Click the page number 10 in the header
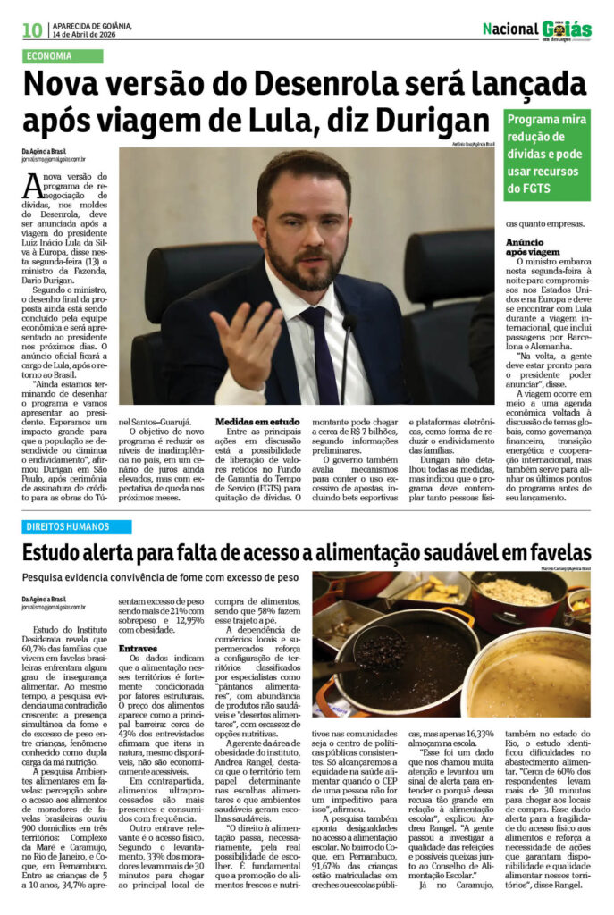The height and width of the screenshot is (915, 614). coord(32,29)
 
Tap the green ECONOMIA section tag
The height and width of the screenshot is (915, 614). coord(63,56)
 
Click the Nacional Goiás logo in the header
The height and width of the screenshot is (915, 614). coord(536,29)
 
